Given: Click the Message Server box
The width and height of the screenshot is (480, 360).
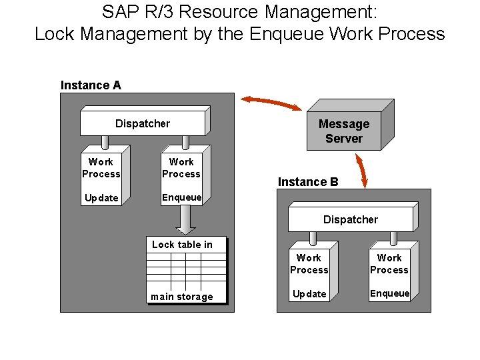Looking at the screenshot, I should click(343, 131).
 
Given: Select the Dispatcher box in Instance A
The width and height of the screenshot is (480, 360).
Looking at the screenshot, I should click(143, 123).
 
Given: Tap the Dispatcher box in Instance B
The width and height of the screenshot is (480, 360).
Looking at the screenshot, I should click(350, 219).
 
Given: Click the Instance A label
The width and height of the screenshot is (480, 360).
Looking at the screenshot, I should click(91, 85).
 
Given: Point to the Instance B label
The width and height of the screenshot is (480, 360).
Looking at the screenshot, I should click(308, 182).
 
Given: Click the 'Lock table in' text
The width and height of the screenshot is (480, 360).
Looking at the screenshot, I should click(182, 245).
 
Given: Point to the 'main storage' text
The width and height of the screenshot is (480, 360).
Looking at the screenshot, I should click(182, 297).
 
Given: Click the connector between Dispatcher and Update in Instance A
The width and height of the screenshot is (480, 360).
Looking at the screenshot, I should click(105, 143).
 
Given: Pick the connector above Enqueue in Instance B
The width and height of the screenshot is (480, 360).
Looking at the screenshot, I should click(393, 239).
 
